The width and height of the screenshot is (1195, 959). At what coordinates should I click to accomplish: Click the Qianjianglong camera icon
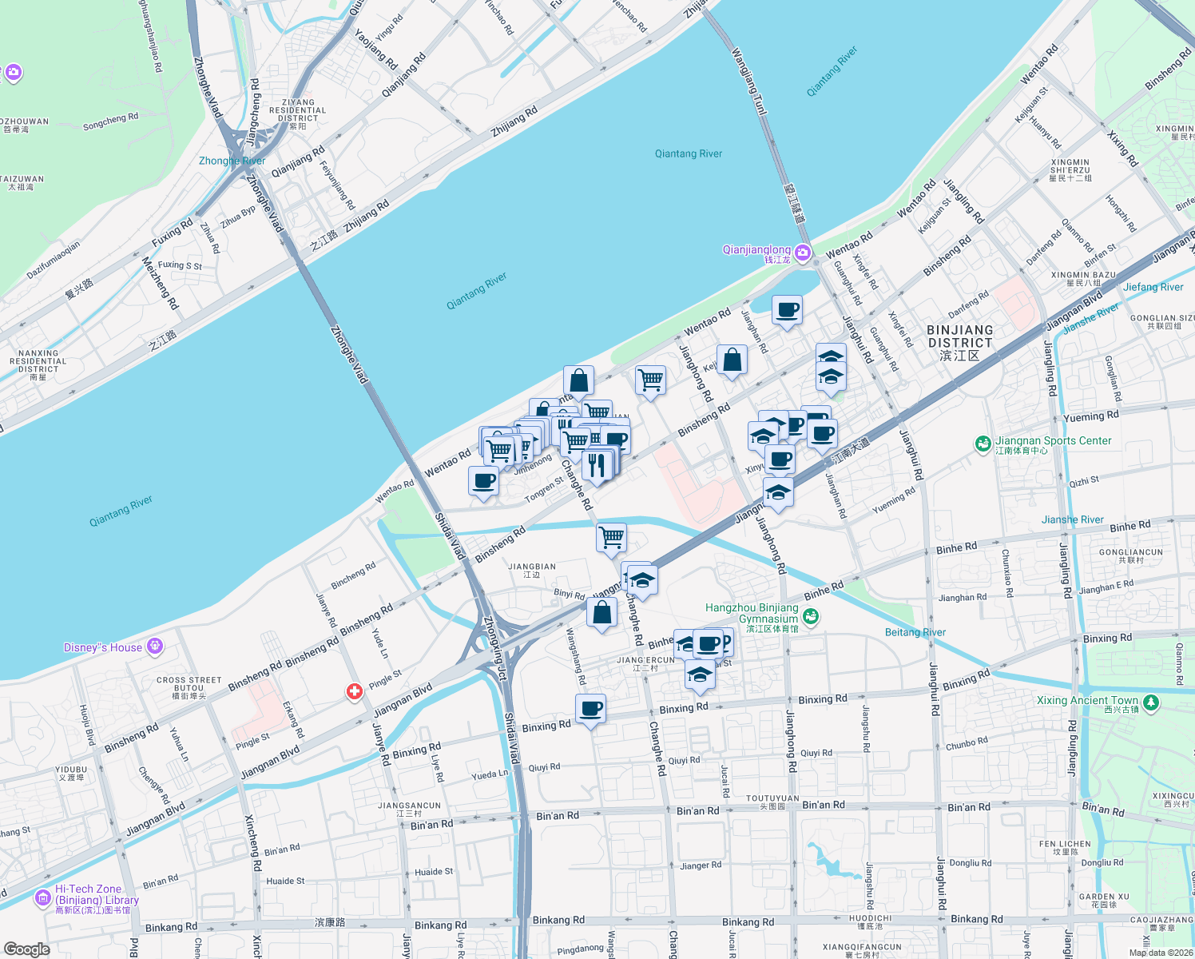[803, 253]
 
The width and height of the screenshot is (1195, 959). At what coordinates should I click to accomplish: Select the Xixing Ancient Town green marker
[1151, 702]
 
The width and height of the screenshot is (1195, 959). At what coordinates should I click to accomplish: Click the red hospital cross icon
[355, 691]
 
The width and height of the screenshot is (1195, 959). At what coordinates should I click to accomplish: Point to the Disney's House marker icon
[155, 647]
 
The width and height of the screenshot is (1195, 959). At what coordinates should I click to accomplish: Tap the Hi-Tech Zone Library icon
[42, 898]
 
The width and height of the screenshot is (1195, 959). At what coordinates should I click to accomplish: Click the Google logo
[26, 949]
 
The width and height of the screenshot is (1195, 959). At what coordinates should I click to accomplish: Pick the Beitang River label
[915, 632]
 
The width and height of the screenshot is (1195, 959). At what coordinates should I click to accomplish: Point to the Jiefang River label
[1153, 287]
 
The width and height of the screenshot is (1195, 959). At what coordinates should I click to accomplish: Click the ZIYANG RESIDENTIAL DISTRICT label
[297, 110]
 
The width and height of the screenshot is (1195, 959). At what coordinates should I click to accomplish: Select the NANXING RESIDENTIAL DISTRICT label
[38, 360]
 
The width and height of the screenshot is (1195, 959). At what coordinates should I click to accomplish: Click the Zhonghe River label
[232, 161]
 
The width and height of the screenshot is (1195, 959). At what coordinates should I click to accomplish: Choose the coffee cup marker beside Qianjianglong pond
[787, 310]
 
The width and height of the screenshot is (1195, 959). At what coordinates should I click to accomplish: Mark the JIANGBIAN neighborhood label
[532, 570]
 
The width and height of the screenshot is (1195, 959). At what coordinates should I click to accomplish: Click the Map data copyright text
[1160, 952]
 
